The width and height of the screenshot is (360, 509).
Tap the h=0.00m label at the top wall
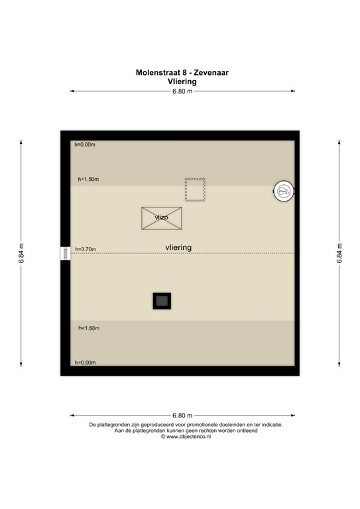tap(85, 144)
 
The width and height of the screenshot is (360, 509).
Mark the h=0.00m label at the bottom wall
tap(85, 363)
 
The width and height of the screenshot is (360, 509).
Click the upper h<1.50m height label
tap(88, 179)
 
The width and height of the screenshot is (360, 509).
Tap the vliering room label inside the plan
tap(179, 247)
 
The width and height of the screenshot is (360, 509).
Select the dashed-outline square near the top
tap(195, 189)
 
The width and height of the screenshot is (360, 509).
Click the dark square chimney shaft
tap(161, 301)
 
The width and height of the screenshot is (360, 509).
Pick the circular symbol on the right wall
tap(284, 192)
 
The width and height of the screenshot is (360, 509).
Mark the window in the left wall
tap(65, 253)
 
